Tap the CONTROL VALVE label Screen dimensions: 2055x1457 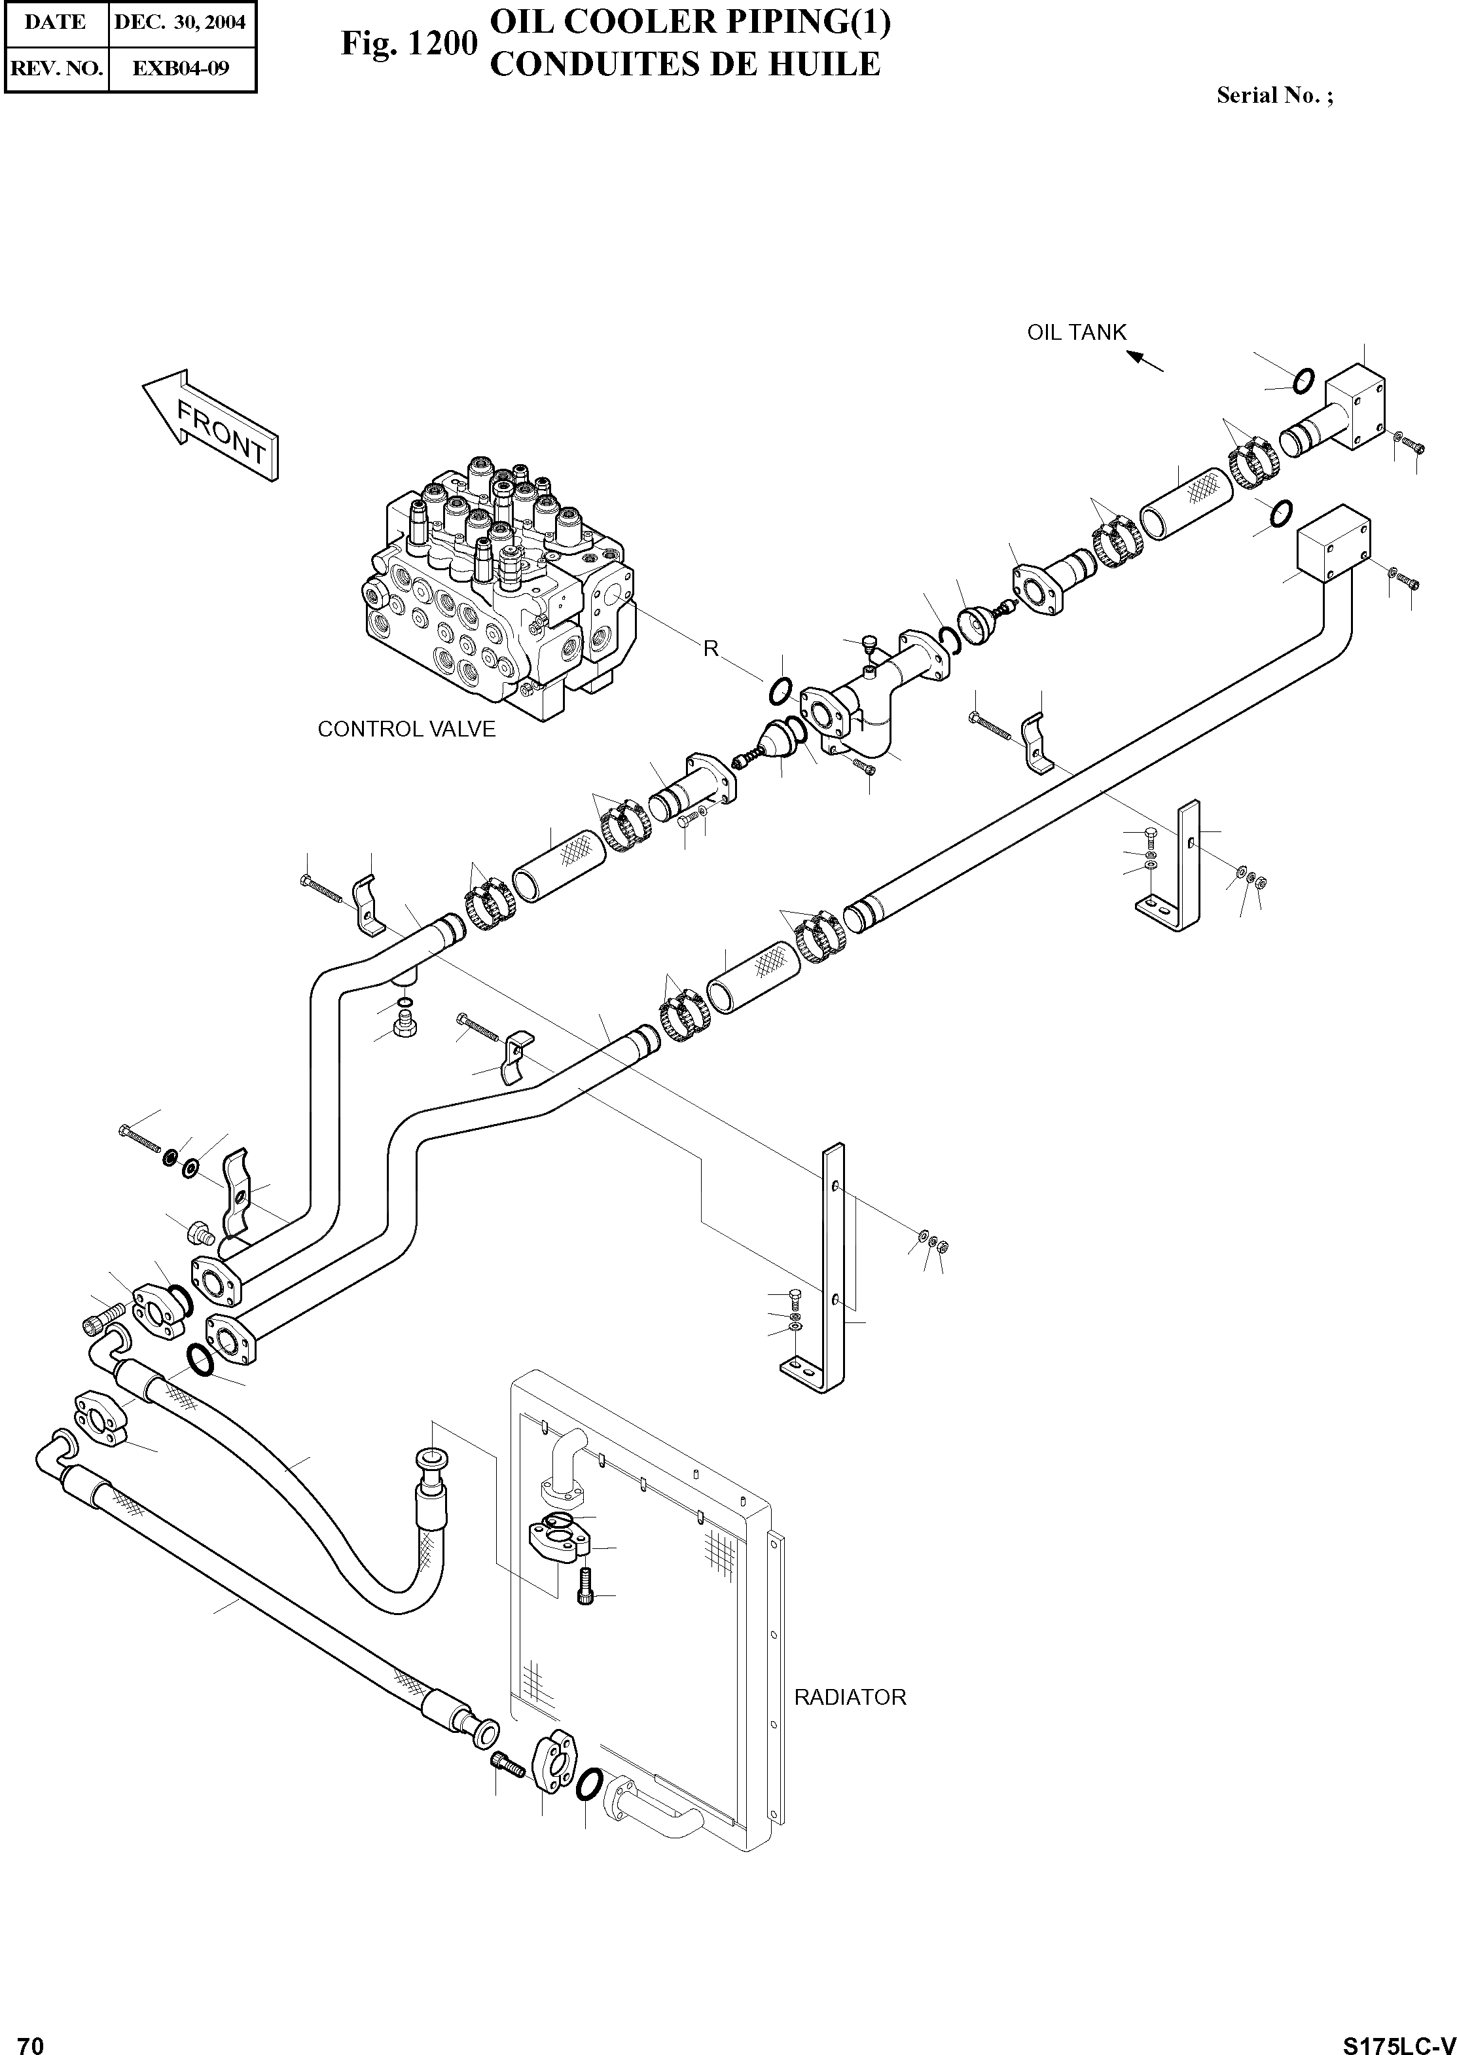[406, 729]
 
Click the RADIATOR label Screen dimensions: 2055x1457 [850, 1697]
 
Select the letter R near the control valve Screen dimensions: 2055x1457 [711, 649]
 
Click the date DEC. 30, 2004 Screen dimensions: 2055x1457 [181, 22]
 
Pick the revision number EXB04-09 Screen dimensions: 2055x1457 [181, 68]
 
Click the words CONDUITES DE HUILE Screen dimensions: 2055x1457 [687, 65]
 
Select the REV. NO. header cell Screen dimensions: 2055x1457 [56, 68]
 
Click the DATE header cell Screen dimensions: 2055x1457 [56, 22]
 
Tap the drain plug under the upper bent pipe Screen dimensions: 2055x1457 [405, 1024]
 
